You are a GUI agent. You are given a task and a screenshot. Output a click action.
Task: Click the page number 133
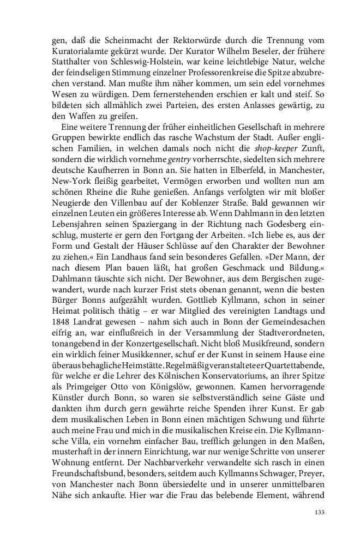tap(320, 512)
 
